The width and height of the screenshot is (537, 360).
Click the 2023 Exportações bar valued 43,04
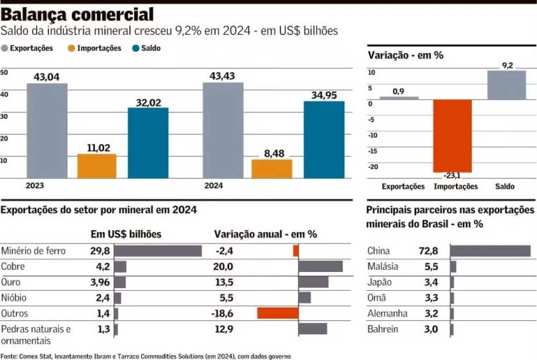point(48,131)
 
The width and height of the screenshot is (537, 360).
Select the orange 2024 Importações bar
point(272,168)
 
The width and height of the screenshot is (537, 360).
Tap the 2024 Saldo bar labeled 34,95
point(324,139)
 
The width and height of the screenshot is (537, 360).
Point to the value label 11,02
point(97,147)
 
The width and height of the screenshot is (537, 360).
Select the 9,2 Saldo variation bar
point(506,85)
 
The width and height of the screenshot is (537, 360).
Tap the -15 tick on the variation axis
point(373,150)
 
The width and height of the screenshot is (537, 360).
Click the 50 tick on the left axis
point(4,73)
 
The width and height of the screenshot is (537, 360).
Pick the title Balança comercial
point(78,14)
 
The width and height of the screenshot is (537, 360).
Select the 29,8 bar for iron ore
point(157,251)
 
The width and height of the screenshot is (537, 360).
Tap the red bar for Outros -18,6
point(278,312)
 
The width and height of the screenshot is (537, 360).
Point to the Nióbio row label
point(15,297)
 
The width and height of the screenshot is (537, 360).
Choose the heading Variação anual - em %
point(265,234)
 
